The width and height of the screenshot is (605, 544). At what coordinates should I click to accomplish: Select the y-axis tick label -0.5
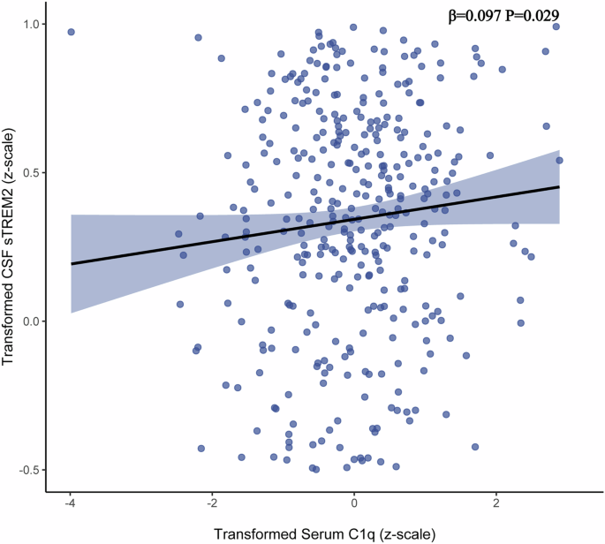pyautogui.click(x=36, y=470)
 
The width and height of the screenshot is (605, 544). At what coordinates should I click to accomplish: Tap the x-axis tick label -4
pyautogui.click(x=71, y=502)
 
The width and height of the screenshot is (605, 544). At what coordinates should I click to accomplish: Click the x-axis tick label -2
pyautogui.click(x=212, y=502)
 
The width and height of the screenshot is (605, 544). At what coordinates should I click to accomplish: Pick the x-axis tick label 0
pyautogui.click(x=354, y=502)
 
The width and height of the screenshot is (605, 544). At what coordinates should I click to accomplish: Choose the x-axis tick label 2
pyautogui.click(x=496, y=502)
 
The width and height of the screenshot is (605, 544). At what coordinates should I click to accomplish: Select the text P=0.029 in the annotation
pyautogui.click(x=536, y=15)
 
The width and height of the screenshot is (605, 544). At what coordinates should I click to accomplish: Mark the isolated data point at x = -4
pyautogui.click(x=71, y=32)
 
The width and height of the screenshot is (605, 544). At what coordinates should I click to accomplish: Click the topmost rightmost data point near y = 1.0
pyautogui.click(x=556, y=26)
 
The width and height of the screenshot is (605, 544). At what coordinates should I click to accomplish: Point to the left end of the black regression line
pyautogui.click(x=72, y=263)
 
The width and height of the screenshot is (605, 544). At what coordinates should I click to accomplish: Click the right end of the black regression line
pyautogui.click(x=559, y=186)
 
